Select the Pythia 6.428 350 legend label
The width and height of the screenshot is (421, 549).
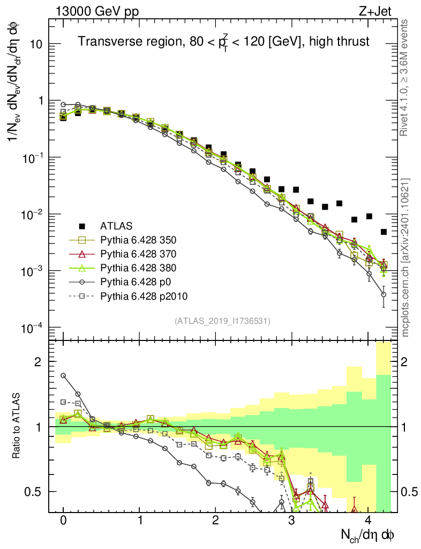pos(144,240)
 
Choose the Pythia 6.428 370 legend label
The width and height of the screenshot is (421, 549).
pos(144,254)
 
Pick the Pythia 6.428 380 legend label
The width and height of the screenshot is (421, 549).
pos(144,268)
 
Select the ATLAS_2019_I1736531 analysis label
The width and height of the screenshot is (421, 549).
pos(222,321)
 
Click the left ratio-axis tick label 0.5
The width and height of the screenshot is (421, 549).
pos(35,492)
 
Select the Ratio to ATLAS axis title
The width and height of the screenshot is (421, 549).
pos(17,426)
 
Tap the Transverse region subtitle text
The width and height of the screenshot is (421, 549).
pos(223,41)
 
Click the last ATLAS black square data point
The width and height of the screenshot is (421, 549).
pos(384,232)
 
